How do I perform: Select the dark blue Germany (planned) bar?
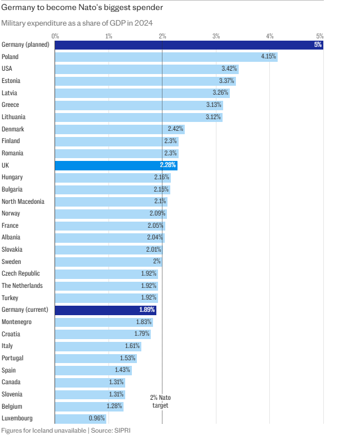click(x=189, y=45)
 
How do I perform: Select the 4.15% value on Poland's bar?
click(x=269, y=57)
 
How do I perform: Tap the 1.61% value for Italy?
click(x=132, y=346)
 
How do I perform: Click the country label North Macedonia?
click(x=23, y=202)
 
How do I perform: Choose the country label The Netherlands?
click(x=22, y=286)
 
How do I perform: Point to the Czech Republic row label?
click(x=21, y=273)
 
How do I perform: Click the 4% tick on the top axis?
click(x=270, y=36)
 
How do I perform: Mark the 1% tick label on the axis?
click(x=109, y=36)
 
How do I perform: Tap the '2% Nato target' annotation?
click(x=160, y=401)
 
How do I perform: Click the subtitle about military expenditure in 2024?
click(x=77, y=23)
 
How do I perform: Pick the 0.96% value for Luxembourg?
click(x=97, y=418)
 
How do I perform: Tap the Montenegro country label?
click(x=17, y=322)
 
